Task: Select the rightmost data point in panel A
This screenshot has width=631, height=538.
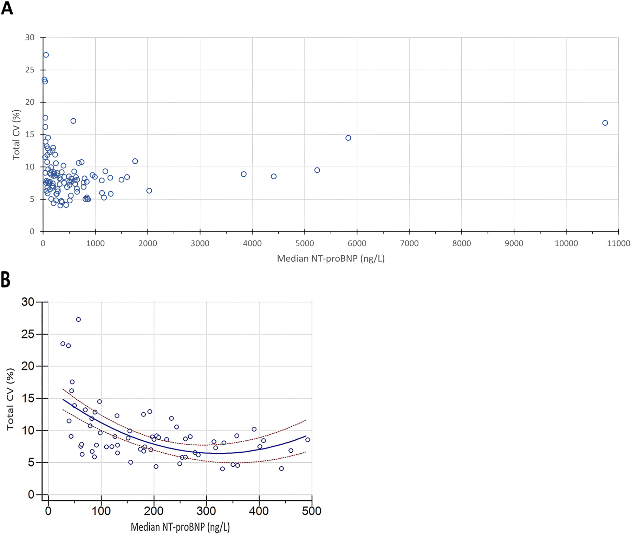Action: [x=605, y=123]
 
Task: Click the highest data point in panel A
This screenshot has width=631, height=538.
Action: [x=46, y=55]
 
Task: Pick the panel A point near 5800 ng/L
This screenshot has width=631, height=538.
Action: [x=348, y=138]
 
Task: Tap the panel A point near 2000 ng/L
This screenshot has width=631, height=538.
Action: [x=149, y=191]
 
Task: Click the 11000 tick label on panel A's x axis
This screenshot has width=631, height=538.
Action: [x=618, y=243]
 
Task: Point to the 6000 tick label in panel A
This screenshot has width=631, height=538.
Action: [x=357, y=243]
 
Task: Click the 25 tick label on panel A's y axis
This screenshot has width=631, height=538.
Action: [x=30, y=70]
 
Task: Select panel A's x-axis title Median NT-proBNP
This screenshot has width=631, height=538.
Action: [x=331, y=259]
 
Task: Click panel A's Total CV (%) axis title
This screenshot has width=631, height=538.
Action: [x=16, y=134]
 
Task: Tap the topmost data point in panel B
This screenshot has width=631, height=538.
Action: [x=78, y=320]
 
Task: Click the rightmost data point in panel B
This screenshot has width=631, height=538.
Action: [x=308, y=440]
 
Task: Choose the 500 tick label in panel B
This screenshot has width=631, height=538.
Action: [x=312, y=511]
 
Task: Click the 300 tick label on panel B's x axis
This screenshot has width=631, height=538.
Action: [x=206, y=511]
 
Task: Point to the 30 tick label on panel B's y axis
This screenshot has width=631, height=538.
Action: [x=28, y=302]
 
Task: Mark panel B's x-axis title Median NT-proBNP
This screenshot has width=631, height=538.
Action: [x=180, y=527]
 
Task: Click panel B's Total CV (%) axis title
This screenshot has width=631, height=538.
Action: [x=11, y=399]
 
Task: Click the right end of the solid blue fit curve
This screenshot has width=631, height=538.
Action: [x=305, y=436]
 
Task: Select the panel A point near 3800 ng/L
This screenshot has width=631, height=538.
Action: [x=244, y=174]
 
